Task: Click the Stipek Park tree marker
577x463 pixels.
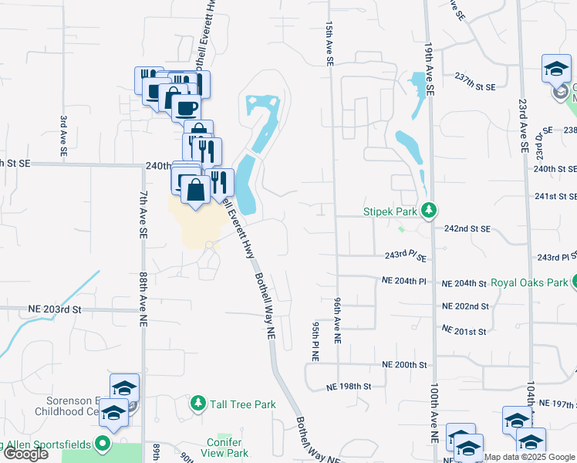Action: (430, 210)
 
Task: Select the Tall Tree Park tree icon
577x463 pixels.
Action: (198, 404)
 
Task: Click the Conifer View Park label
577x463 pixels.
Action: (228, 448)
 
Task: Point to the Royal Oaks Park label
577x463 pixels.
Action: (529, 282)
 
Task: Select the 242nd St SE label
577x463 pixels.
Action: (467, 228)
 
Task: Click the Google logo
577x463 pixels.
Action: (25, 454)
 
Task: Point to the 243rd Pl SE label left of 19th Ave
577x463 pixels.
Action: (406, 255)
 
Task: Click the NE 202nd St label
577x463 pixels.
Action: (465, 306)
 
